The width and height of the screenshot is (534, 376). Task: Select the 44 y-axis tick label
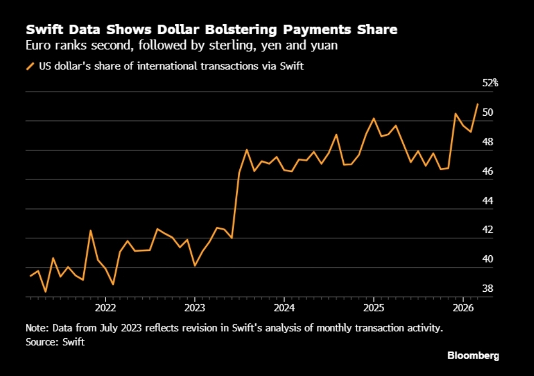[x=487, y=201]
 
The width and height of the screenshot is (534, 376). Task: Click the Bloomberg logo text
[x=473, y=355]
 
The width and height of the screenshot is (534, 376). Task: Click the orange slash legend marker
[x=30, y=66]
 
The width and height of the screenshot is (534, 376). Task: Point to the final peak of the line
[x=478, y=104]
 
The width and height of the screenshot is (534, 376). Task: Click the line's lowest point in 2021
[x=45, y=292]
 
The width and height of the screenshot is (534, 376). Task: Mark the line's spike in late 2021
[x=90, y=230]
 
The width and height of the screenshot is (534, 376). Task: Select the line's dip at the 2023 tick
[x=195, y=265]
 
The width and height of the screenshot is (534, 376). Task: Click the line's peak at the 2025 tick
[x=374, y=118]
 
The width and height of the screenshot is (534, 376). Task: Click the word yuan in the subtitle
[x=324, y=45]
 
